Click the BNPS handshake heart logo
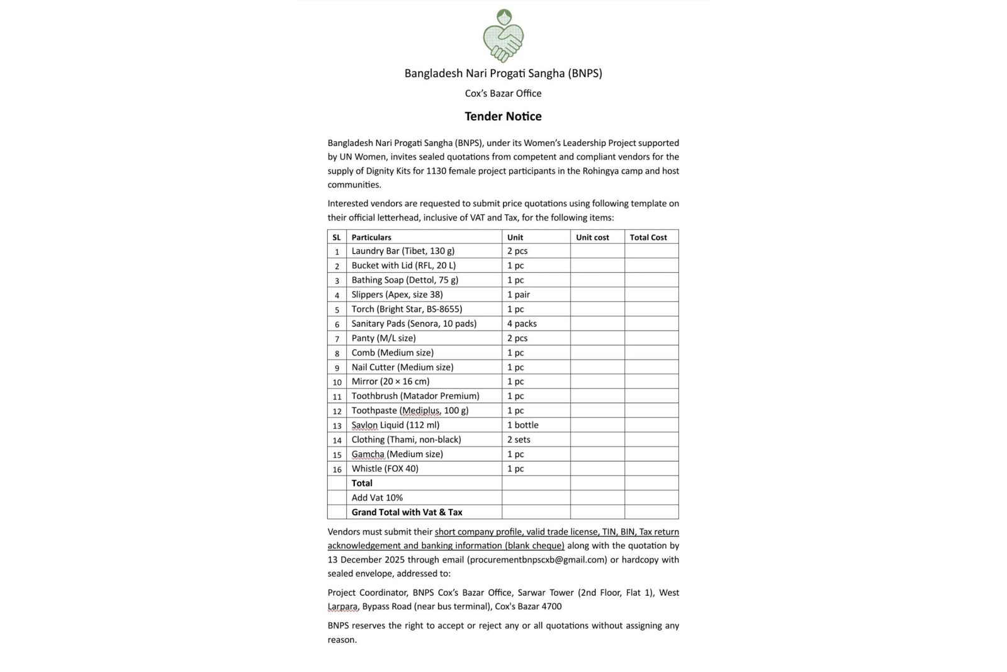[x=503, y=36]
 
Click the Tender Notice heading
[x=503, y=117]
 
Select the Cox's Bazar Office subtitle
[x=503, y=93]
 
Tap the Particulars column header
[x=371, y=237]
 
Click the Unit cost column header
[x=592, y=237]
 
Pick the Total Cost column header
[x=648, y=237]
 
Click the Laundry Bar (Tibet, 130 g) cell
[x=403, y=251]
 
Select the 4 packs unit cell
[x=522, y=324]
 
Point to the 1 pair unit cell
[x=519, y=295]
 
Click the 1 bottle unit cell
[x=522, y=425]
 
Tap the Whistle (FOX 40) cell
[x=385, y=469]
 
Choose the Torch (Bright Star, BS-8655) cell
[x=407, y=309]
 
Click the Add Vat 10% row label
[x=377, y=498]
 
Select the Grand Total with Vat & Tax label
[x=407, y=512]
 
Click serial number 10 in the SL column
[x=337, y=382]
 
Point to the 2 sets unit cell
[x=519, y=440]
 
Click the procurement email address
[x=537, y=560]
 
